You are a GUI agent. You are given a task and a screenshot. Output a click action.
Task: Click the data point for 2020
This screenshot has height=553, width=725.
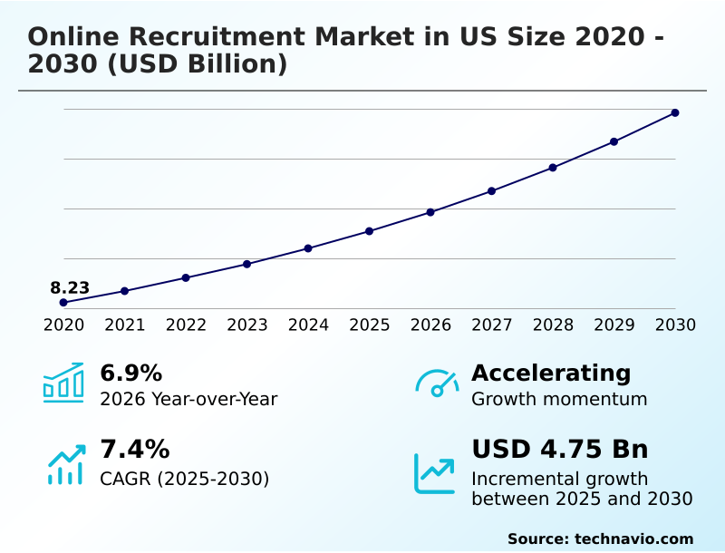(x=63, y=302)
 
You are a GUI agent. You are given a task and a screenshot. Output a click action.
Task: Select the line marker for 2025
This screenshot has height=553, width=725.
(x=370, y=231)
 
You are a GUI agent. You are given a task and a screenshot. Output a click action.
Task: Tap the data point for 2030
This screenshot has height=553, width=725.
(x=675, y=112)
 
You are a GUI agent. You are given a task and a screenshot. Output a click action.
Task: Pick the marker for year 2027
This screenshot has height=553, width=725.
(x=491, y=190)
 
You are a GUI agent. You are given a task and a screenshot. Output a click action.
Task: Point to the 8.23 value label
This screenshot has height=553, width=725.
(x=70, y=288)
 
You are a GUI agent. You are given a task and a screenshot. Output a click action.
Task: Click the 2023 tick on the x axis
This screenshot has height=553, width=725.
(x=247, y=325)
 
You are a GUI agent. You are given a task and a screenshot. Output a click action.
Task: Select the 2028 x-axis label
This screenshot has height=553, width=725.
(x=553, y=325)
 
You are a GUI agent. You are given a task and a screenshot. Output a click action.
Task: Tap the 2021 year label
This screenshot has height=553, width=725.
(x=125, y=325)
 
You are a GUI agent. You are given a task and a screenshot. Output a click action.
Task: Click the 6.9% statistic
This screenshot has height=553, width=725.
(x=130, y=373)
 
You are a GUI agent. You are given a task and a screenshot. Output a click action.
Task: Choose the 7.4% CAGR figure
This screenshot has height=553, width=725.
(x=134, y=449)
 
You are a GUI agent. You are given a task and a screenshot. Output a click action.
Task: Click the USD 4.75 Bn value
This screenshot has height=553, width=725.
(x=559, y=449)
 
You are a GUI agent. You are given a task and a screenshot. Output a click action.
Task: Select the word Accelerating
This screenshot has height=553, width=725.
(x=551, y=373)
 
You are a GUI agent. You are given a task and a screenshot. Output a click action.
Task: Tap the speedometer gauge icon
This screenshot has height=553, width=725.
(x=437, y=383)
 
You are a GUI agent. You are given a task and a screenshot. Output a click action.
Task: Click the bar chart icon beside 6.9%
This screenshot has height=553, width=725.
(x=63, y=383)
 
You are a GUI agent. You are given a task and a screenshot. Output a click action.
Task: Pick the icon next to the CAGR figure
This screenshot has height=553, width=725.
(x=65, y=464)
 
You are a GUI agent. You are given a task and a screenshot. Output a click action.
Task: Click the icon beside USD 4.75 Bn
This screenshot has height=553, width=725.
(x=435, y=473)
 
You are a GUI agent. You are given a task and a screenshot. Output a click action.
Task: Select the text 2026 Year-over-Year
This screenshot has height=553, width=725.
(x=188, y=399)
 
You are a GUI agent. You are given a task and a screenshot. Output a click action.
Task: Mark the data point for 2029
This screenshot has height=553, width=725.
(x=614, y=141)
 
